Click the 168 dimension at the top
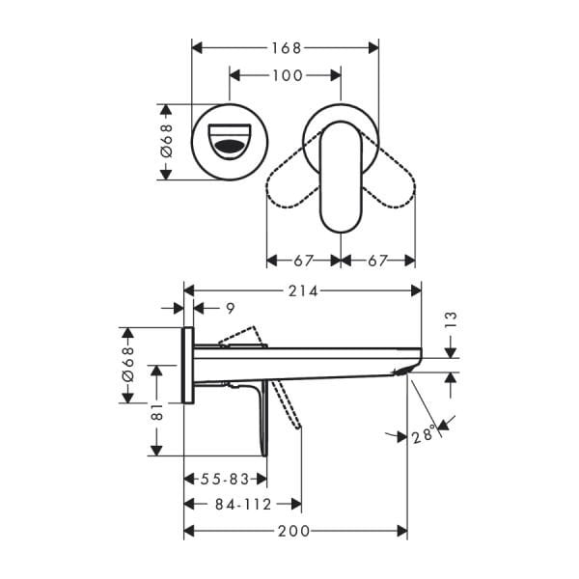point(285,47)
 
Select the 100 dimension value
point(285,75)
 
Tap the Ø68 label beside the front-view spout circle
point(165,142)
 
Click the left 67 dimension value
point(303,261)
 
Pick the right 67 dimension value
point(377,261)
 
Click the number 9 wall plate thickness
point(229,308)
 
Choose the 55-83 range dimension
point(225,479)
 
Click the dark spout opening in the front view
point(229,147)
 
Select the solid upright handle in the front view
point(339,176)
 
